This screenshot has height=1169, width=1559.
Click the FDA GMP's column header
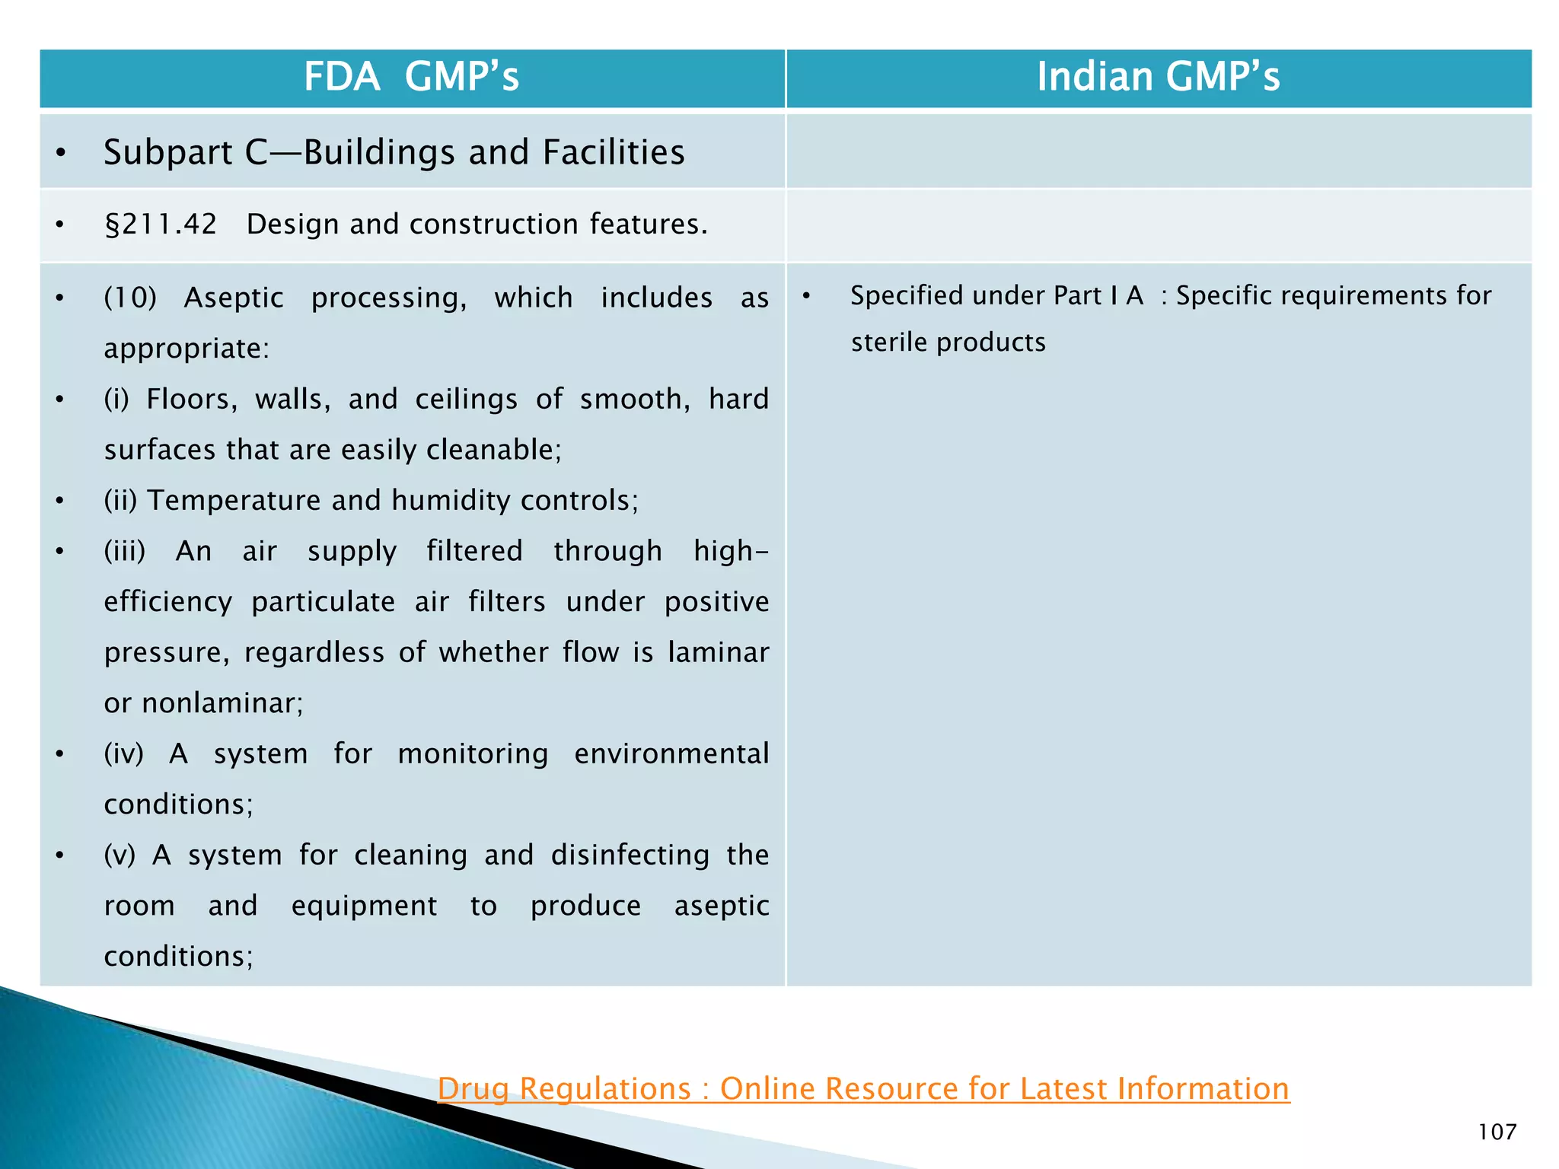click(411, 77)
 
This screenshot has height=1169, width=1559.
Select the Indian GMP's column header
click(1158, 77)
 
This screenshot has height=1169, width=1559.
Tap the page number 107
click(1497, 1132)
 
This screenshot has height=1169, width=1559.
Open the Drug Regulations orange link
click(863, 1088)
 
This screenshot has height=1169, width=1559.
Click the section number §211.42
click(161, 225)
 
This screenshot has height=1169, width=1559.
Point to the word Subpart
click(167, 153)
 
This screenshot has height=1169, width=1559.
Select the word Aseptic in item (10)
click(234, 298)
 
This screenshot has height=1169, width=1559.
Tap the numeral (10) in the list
click(129, 298)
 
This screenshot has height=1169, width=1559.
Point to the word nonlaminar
click(222, 703)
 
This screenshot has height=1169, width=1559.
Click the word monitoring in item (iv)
click(472, 754)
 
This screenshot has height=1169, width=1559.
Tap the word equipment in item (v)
click(364, 906)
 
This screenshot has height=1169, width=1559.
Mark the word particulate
click(324, 602)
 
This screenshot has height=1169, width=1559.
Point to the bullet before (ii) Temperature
click(60, 501)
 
